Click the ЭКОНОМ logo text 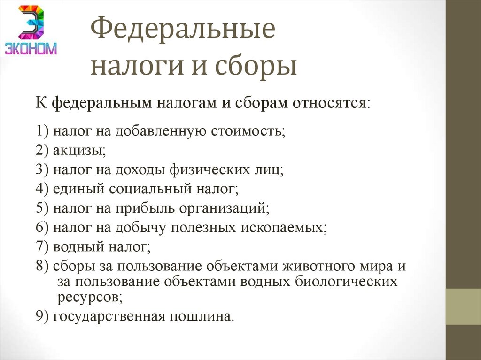[31, 48]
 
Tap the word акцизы [79, 151]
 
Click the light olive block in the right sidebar [463, 306]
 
